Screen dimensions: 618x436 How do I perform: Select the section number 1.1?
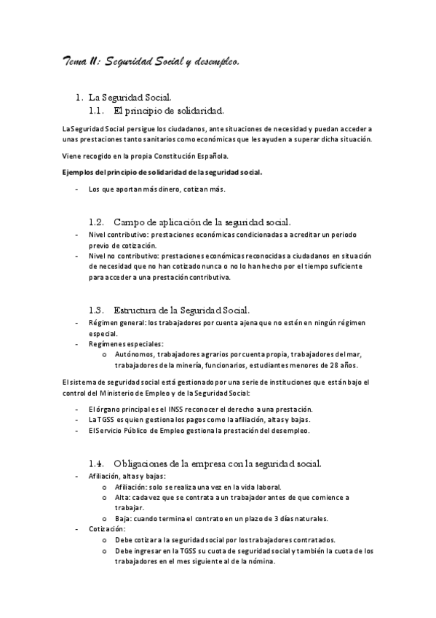97,111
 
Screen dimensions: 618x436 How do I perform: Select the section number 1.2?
98,222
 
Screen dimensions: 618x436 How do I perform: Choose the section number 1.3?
98,309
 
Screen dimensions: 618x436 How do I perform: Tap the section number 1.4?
98,463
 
